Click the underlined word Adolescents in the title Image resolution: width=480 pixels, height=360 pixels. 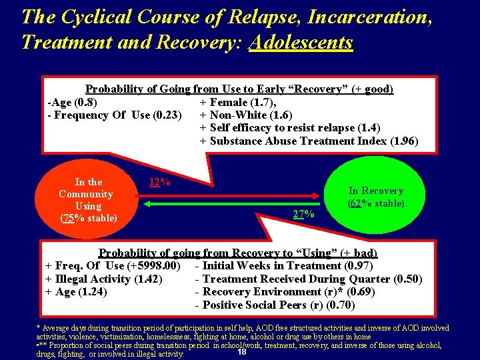301,42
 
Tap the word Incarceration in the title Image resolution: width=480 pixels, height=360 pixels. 365,16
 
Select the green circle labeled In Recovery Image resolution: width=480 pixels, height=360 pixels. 376,197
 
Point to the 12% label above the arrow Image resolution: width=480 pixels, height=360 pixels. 159,182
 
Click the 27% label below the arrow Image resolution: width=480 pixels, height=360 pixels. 304,214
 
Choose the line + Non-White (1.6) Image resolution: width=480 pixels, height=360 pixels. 246,115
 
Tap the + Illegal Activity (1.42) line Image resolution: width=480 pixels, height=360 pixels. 104,279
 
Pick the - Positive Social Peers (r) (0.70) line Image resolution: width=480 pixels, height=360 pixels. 275,305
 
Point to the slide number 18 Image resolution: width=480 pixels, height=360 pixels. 242,351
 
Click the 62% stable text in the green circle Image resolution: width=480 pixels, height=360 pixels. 376,203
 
